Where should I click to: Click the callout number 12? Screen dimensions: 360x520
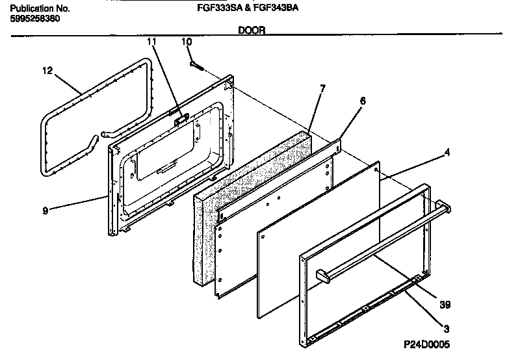pyautogui.click(x=46, y=70)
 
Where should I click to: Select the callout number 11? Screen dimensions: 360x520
pyautogui.click(x=151, y=42)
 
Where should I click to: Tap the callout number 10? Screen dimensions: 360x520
pyautogui.click(x=187, y=42)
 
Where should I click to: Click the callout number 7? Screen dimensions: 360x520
pyautogui.click(x=322, y=87)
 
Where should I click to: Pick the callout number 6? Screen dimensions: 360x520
pyautogui.click(x=363, y=101)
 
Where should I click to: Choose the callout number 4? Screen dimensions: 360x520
pyautogui.click(x=447, y=154)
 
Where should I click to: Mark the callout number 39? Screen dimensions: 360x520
pyautogui.click(x=445, y=303)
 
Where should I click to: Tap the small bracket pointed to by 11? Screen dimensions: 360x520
pyautogui.click(x=182, y=118)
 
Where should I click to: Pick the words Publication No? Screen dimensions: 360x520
pyautogui.click(x=36, y=9)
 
